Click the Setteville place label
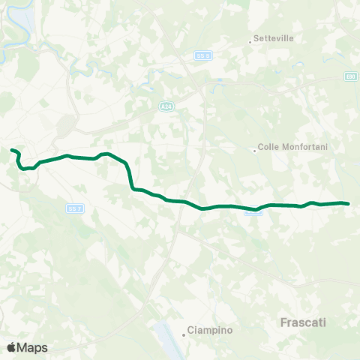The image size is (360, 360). [x=274, y=38]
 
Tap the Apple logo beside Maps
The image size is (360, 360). [x=12, y=347]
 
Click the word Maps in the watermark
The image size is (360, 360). [x=33, y=347]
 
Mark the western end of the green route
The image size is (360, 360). [x=12, y=150]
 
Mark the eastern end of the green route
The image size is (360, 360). [x=349, y=203]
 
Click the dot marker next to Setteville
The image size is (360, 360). [x=250, y=41]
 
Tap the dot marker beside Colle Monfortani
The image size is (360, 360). [x=254, y=150]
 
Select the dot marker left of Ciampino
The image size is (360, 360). [x=184, y=334]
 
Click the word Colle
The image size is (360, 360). [x=268, y=148]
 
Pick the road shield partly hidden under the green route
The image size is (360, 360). [x=253, y=213]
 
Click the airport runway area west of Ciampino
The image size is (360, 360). [x=166, y=334]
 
